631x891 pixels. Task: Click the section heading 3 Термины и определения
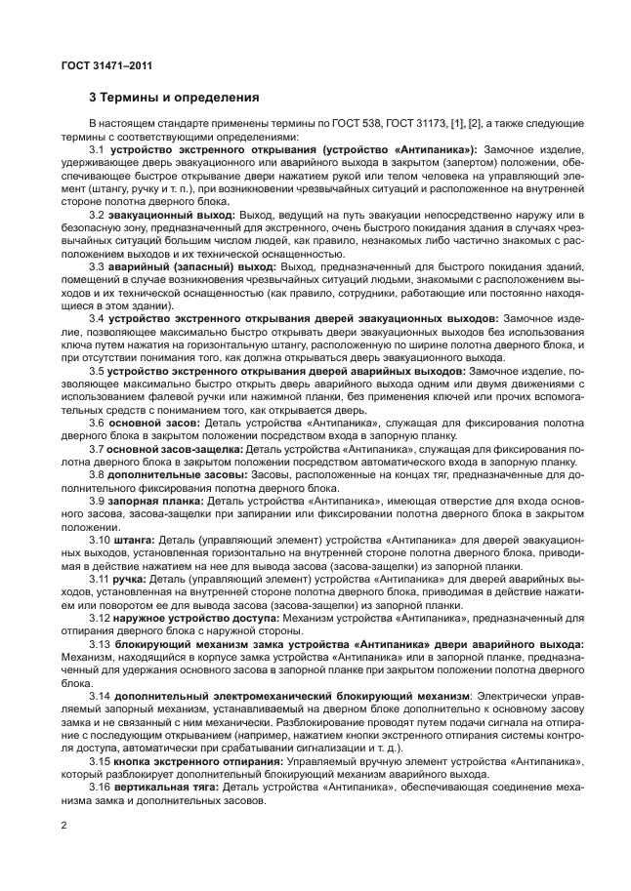pos(173,98)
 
